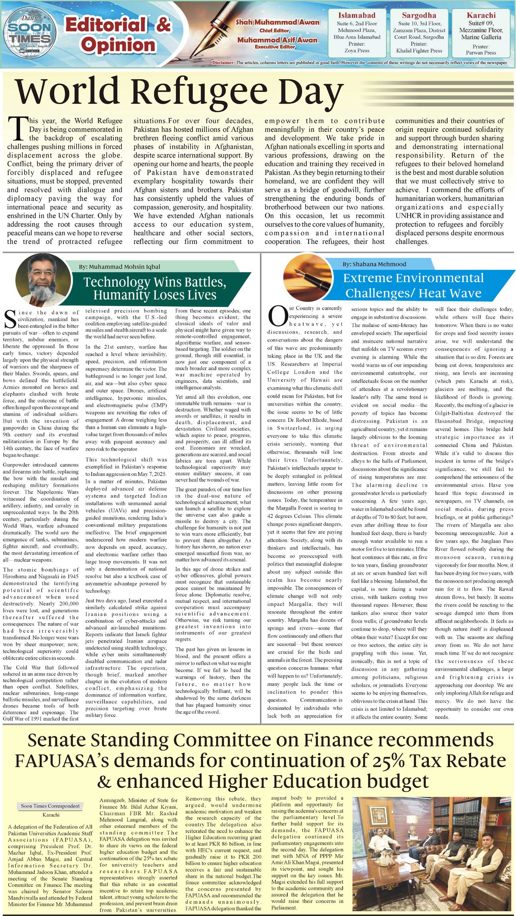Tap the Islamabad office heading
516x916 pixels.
(x=356, y=15)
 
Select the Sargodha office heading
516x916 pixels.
(x=419, y=15)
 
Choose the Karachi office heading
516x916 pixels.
(x=481, y=15)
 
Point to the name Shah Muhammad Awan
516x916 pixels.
(x=277, y=23)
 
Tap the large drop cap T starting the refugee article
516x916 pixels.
(x=17, y=129)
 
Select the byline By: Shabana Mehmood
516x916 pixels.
(x=374, y=264)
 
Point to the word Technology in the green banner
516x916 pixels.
(x=116, y=282)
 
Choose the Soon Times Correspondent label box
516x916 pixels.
(x=50, y=806)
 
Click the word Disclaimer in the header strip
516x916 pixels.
(x=223, y=63)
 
